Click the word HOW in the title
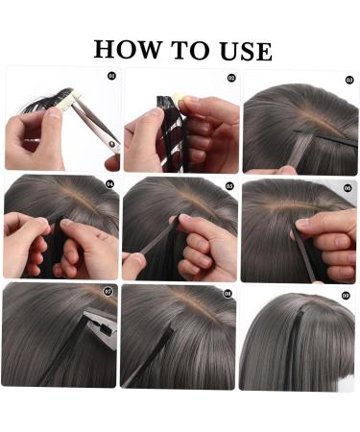click(128, 50)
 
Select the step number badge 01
click(111, 76)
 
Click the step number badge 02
click(230, 77)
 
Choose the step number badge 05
click(229, 185)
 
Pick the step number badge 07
click(108, 292)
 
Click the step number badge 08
click(228, 293)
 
